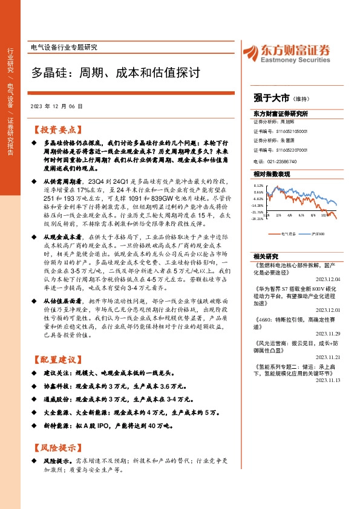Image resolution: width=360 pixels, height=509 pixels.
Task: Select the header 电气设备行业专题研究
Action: [x=63, y=47]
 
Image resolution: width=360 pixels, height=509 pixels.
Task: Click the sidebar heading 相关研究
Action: [x=264, y=256]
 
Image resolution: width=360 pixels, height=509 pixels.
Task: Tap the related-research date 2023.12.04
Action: [x=328, y=279]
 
